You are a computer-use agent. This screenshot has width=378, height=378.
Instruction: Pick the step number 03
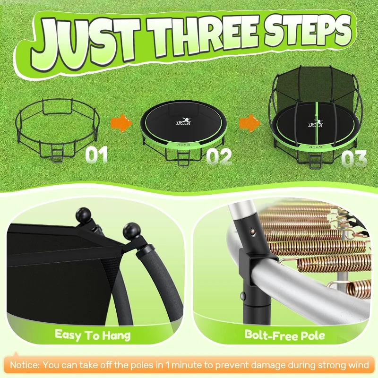[x=353, y=159]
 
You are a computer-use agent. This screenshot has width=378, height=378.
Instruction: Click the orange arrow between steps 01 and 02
[x=121, y=124]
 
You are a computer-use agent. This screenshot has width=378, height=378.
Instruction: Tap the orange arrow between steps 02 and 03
[x=249, y=124]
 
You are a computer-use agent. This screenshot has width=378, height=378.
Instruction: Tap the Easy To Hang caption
[x=93, y=335]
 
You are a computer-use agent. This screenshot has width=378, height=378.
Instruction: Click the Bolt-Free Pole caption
[x=284, y=335]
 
